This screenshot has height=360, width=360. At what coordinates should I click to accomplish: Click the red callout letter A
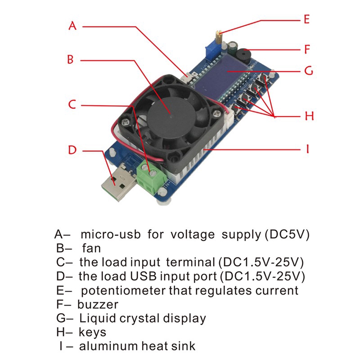point(72,26)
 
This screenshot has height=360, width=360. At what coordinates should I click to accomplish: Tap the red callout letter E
point(307,19)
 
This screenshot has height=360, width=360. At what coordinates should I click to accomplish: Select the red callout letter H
point(309,116)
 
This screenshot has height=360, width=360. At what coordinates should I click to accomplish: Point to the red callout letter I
point(308,149)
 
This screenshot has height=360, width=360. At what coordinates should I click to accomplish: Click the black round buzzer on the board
point(243,56)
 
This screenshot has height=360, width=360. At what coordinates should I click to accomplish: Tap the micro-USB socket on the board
point(187,77)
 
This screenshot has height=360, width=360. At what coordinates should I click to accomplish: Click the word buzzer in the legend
point(98,305)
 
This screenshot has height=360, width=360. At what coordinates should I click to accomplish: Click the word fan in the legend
point(91,248)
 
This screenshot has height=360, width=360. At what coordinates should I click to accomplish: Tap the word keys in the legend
point(92,332)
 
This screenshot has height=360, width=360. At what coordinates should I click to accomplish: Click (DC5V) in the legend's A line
point(287,234)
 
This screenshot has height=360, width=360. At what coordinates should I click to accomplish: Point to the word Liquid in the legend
point(98,319)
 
